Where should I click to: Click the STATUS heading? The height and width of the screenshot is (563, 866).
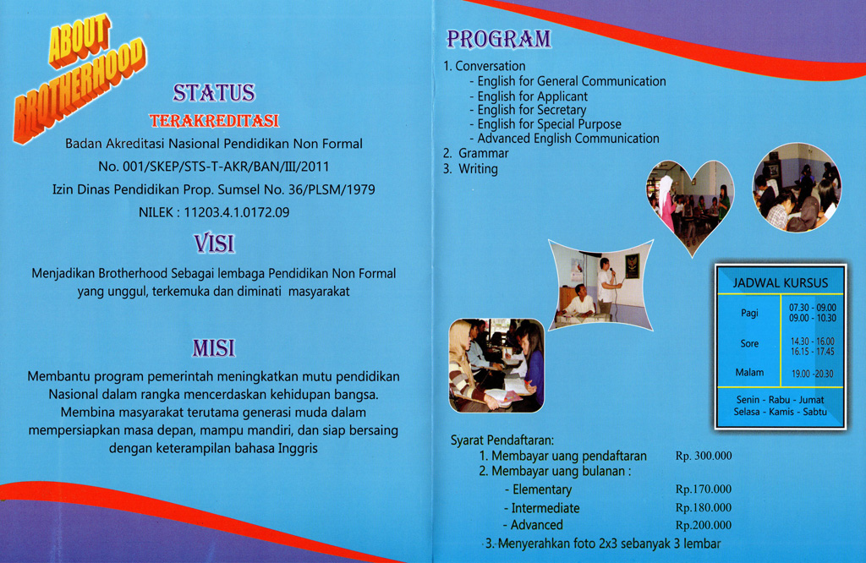coord(213,92)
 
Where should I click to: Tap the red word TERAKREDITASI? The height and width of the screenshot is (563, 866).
coord(213,122)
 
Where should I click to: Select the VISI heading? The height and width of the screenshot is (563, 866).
coord(213,244)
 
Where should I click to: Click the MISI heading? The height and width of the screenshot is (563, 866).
coord(213,347)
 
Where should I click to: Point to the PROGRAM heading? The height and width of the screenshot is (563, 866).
coord(498,39)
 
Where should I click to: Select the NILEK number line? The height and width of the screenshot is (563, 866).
coord(213,213)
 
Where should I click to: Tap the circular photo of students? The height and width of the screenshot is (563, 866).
coord(797,188)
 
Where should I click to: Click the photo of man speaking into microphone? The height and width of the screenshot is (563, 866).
coord(600,286)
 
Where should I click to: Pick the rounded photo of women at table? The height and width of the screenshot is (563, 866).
coord(496,364)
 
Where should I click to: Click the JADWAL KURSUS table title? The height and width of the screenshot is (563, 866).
coord(780,282)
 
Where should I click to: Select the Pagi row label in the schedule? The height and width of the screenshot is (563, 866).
coord(749,313)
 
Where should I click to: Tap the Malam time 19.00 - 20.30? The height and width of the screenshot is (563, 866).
coord(812,374)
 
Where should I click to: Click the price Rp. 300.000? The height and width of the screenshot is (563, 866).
coord(704,456)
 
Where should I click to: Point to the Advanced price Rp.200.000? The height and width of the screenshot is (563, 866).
coord(704,525)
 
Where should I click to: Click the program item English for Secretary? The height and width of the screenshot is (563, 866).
coord(531,110)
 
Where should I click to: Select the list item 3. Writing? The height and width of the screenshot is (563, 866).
coord(471,169)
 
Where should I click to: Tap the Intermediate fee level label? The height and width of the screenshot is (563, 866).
coord(545,508)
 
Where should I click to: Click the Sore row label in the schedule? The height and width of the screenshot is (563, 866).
coord(749,344)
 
